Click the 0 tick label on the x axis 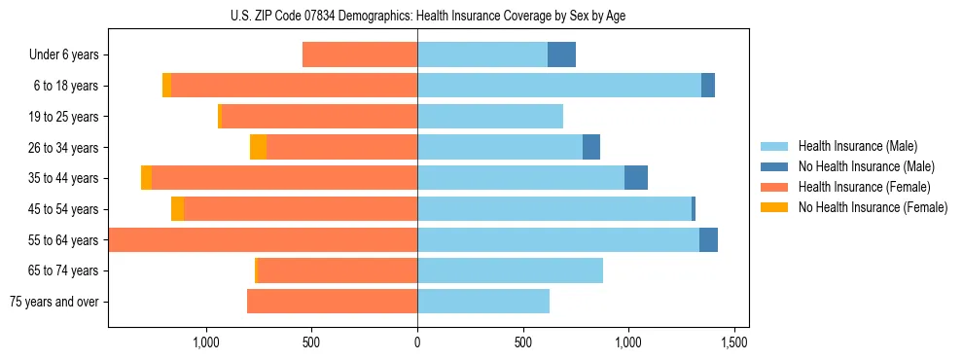417,342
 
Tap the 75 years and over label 53,302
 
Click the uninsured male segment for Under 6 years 561,54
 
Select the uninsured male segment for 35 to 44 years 636,178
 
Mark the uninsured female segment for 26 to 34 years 258,147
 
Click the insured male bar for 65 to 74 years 510,270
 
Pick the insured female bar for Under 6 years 360,54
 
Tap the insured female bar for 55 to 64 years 264,239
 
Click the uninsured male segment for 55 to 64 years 708,239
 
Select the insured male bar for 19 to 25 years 490,117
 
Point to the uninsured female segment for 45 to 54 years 177,209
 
